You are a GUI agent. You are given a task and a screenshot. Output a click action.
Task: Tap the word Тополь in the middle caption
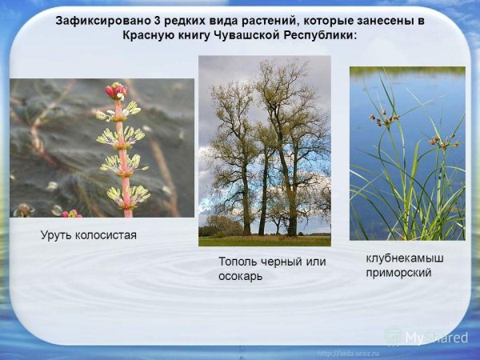238,262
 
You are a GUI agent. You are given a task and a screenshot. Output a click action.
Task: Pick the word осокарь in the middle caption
243,276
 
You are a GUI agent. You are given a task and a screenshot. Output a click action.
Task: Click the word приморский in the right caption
398,272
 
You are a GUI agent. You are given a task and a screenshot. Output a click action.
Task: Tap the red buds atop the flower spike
117,90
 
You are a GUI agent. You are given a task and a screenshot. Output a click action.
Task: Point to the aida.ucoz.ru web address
350,353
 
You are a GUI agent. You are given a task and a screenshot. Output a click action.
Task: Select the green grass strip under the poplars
264,240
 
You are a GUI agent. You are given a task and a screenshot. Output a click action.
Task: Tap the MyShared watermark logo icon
393,337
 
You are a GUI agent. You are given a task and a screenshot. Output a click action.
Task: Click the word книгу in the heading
203,37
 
